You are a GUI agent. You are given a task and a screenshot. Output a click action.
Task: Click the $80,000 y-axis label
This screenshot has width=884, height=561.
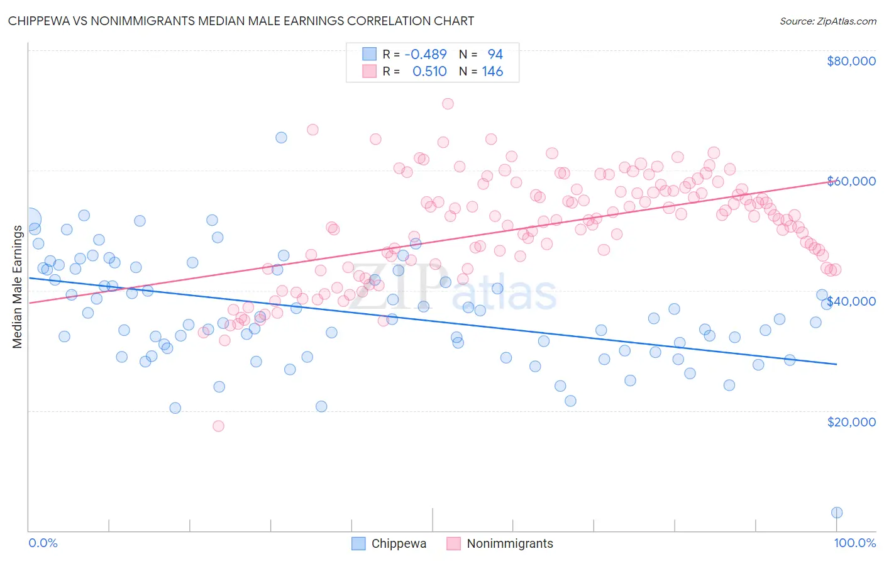(x=851, y=61)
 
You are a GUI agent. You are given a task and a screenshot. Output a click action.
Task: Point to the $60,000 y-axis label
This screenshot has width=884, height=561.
(x=851, y=181)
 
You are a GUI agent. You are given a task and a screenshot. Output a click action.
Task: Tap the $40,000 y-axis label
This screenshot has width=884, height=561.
(x=851, y=301)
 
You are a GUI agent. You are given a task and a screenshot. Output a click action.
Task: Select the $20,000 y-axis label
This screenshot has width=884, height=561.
(x=851, y=421)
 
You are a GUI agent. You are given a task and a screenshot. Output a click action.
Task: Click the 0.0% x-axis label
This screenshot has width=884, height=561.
(x=43, y=543)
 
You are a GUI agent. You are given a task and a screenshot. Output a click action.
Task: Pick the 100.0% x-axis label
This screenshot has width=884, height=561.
(x=854, y=543)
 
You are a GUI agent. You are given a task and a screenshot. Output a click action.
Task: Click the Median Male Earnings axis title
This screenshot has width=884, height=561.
(x=17, y=287)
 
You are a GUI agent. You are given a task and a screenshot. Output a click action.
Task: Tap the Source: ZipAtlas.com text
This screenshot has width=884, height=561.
(x=827, y=21)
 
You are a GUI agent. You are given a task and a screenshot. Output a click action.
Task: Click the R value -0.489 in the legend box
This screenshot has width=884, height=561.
(x=426, y=55)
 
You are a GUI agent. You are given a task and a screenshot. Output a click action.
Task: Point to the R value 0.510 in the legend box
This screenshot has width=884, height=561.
(x=429, y=72)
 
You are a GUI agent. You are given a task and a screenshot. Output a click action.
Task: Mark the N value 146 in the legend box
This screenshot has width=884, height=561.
(x=492, y=72)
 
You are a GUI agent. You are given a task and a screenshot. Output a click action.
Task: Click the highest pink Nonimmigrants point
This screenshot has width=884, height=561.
(x=448, y=104)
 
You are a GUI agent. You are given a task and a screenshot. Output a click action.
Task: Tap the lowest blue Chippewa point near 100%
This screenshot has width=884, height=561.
(x=837, y=513)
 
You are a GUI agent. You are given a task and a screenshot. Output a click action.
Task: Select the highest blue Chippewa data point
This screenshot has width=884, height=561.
(x=281, y=138)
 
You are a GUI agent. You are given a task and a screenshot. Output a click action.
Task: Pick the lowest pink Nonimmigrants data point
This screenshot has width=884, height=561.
(x=218, y=426)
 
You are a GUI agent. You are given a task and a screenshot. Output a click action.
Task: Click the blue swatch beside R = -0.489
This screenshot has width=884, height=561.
(x=369, y=55)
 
